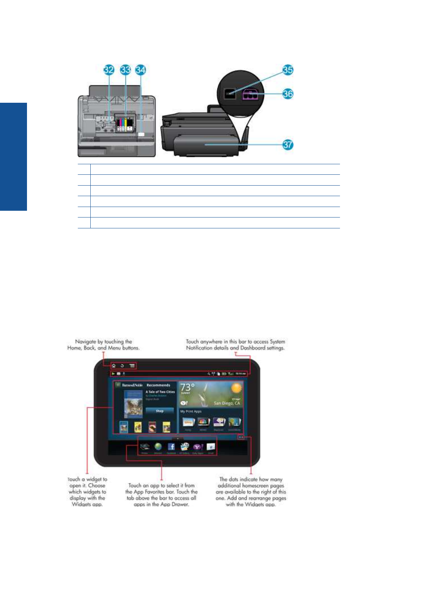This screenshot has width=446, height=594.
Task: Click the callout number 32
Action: pyautogui.click(x=109, y=70)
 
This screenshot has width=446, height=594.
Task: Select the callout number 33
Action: pyautogui.click(x=125, y=70)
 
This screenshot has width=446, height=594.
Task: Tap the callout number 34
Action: pyautogui.click(x=141, y=70)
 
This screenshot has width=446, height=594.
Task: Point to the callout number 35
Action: pyautogui.click(x=288, y=70)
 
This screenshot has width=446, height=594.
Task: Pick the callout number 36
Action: pyautogui.click(x=288, y=94)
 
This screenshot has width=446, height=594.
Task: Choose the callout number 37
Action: pyautogui.click(x=288, y=145)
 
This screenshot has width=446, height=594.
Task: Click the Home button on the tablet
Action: pyautogui.click(x=114, y=366)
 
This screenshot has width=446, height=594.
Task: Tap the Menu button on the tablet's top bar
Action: pyautogui.click(x=132, y=366)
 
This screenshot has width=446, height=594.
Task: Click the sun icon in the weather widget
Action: pyautogui.click(x=236, y=388)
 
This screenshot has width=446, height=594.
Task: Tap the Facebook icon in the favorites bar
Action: pyautogui.click(x=171, y=447)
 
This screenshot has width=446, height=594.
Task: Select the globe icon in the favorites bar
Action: pyautogui.click(x=158, y=447)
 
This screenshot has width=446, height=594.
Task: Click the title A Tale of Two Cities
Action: pyautogui.click(x=160, y=392)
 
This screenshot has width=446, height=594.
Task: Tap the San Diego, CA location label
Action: pyautogui.click(x=227, y=403)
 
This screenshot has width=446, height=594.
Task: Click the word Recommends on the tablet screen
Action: pyautogui.click(x=158, y=385)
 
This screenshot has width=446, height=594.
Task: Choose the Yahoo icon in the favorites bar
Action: pyautogui.click(x=198, y=447)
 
